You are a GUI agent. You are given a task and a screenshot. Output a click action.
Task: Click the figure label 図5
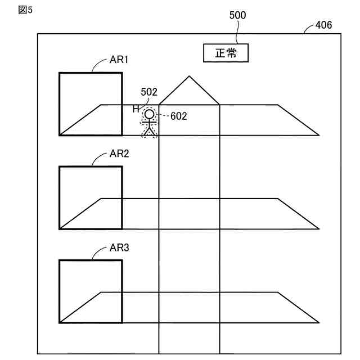pos(25,11)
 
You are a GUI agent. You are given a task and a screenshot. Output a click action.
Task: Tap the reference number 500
pos(237,15)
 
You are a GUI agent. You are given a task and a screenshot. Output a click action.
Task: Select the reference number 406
pos(323,25)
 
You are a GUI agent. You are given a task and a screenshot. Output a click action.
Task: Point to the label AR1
pos(118,60)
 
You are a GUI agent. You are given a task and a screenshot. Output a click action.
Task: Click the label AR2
pos(118,154)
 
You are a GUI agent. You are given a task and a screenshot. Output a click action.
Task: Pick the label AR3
pos(118,247)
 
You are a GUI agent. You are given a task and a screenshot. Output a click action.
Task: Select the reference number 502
pos(149,92)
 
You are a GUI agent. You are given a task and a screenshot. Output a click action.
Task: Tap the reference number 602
pos(178,116)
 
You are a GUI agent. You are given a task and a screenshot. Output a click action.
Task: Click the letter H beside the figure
pos(136,109)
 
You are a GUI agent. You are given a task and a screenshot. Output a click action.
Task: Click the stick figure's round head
pos(149,114)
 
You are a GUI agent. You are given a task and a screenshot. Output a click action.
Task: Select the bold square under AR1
pos(91,103)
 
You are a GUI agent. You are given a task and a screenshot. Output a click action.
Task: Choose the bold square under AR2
pos(91,197)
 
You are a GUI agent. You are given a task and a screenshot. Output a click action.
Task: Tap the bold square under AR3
pos(91,291)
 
